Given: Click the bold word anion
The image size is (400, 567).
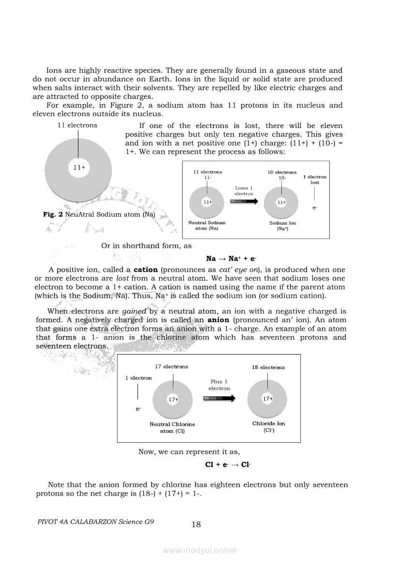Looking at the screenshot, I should tap(218, 320).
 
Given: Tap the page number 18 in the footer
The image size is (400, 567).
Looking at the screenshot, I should tap(196, 524).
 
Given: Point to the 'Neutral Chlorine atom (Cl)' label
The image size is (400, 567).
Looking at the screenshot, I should tap(172, 427).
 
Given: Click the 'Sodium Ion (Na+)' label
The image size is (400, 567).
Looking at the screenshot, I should tap(283, 226).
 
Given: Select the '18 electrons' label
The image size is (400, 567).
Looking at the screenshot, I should tap(268, 367).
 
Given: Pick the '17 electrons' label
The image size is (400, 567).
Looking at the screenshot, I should tap(171, 367).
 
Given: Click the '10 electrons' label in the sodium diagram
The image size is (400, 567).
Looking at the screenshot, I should tap(282, 172).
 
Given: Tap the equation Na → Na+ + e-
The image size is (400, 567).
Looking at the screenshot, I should tap(231, 259).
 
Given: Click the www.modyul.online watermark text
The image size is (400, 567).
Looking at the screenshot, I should tap(200, 551).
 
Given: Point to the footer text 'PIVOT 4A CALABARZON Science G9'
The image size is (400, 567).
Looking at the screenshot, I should tap(95, 522).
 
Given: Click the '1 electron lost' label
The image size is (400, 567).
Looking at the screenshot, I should tap(315, 179).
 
